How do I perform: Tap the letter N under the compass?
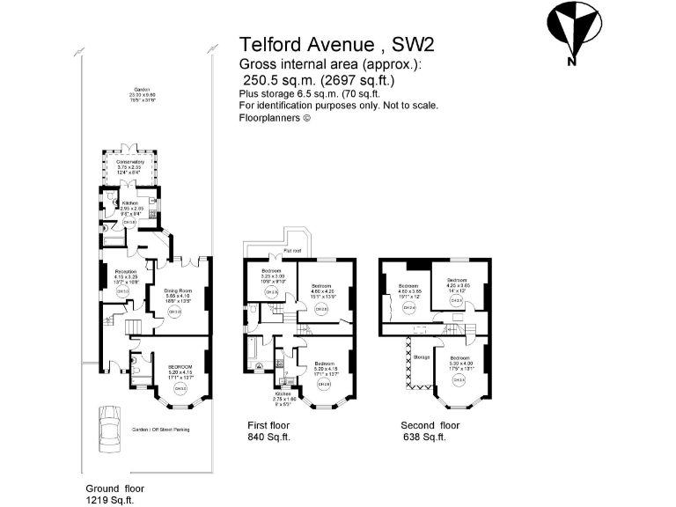coord(571,61)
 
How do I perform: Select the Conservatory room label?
coord(130,162)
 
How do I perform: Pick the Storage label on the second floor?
coord(421,356)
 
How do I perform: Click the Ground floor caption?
coord(114,488)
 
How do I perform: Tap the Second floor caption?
coord(430,424)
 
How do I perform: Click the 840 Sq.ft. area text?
coord(269,437)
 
